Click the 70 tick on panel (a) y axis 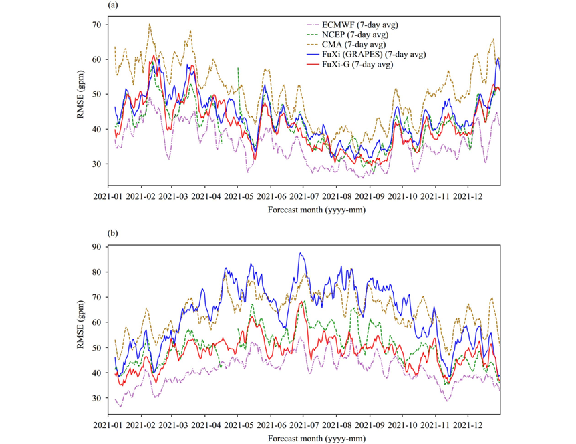click(97, 25)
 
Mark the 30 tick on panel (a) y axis click(97, 164)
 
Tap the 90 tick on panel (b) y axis click(97, 247)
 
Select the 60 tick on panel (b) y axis click(97, 322)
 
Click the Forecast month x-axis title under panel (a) click(303, 210)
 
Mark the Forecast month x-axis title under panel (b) click(303, 439)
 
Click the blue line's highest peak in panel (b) click(301, 253)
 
